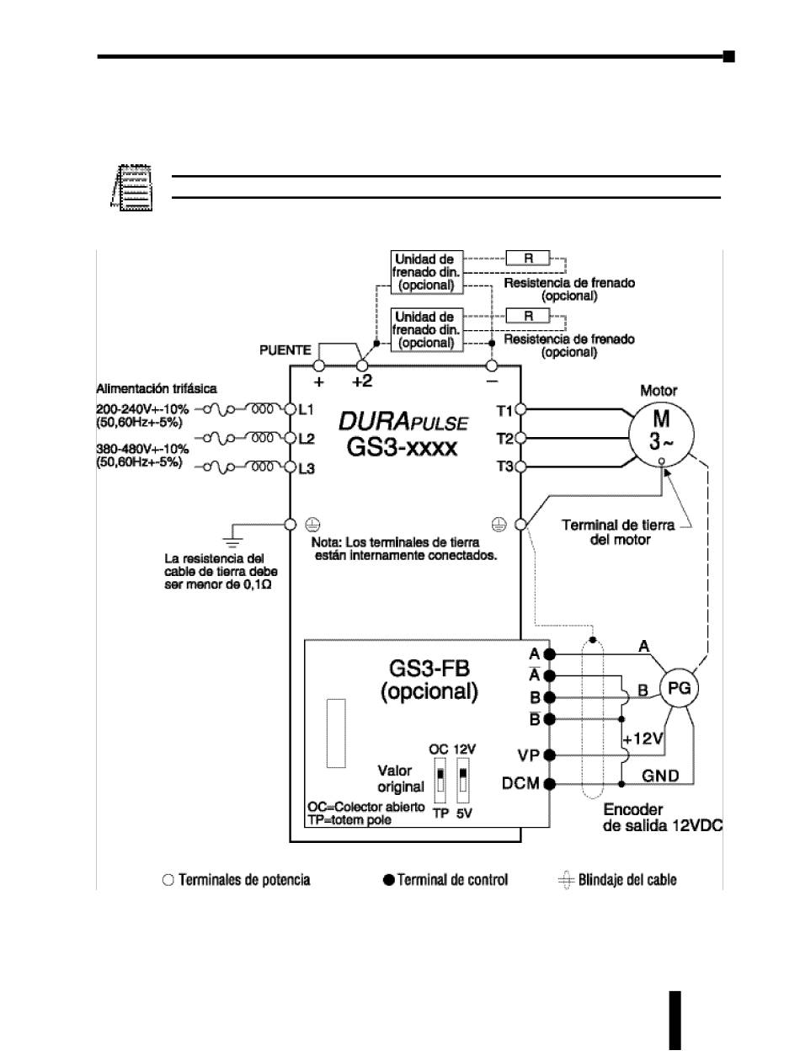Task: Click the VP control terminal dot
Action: [x=549, y=755]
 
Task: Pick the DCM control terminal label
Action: [x=521, y=784]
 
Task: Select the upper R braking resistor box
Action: [x=528, y=259]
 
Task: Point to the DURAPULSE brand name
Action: [x=403, y=420]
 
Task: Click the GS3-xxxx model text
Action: [x=403, y=445]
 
